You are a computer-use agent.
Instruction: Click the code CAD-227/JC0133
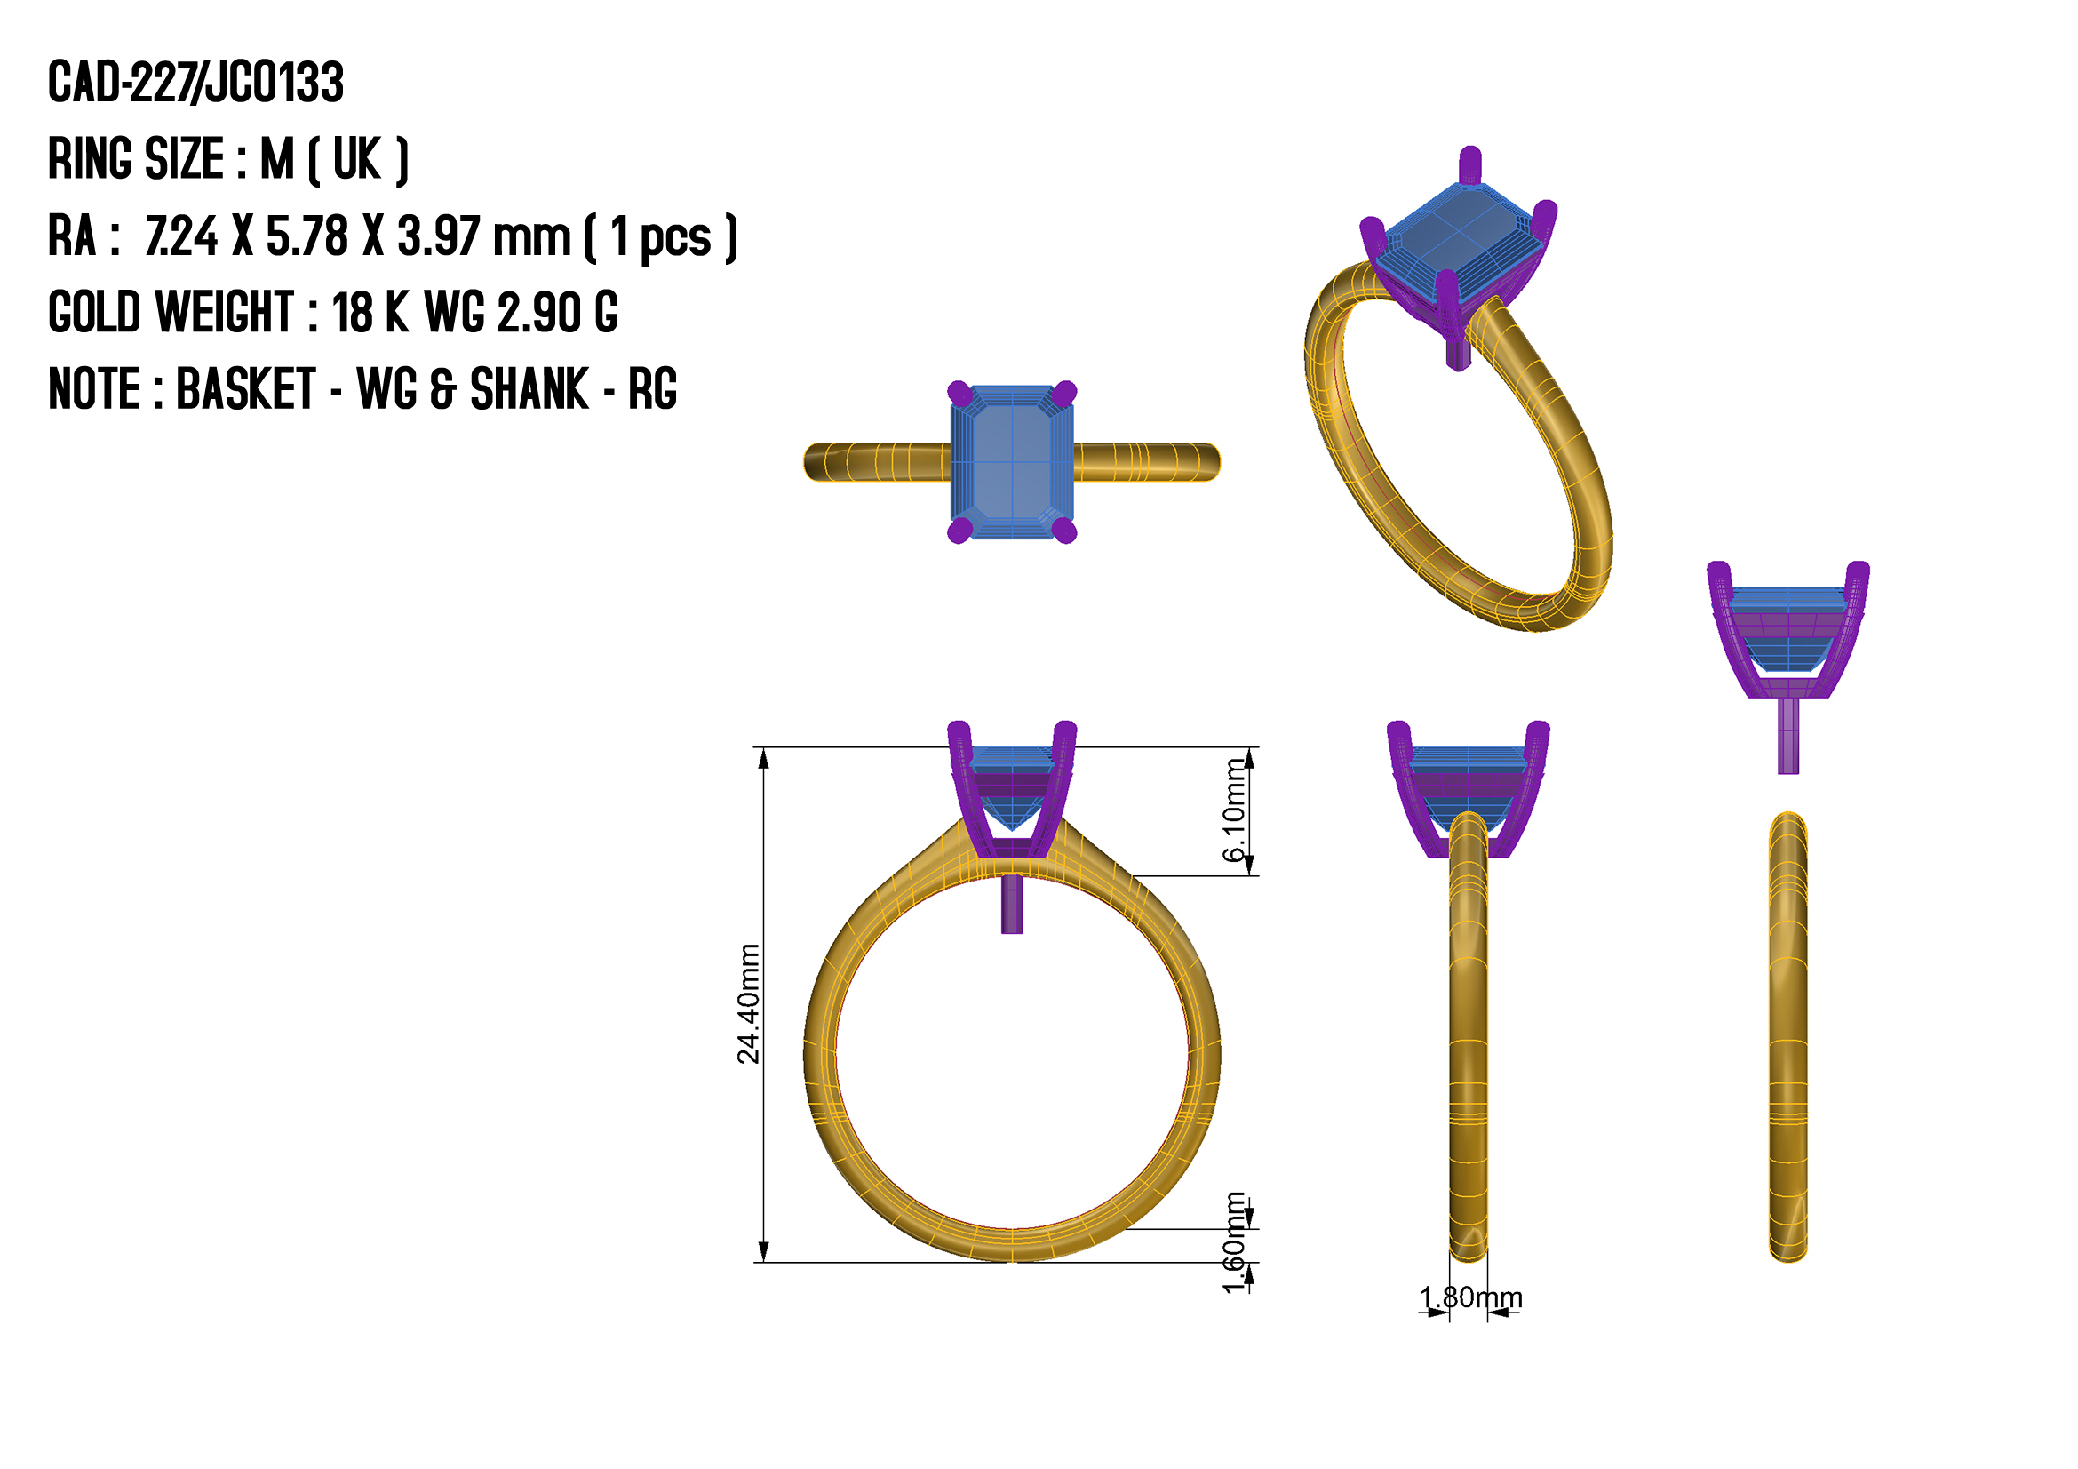tap(195, 83)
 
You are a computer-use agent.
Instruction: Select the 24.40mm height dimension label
tap(748, 1002)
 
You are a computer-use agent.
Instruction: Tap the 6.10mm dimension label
tap(1234, 810)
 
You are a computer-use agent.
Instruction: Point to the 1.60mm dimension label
tap(1234, 1242)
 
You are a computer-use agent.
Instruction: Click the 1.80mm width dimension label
tap(1470, 1298)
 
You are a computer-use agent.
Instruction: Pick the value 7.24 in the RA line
tap(182, 237)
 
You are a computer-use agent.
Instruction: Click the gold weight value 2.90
tap(539, 313)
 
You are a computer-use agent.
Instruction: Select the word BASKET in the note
tap(246, 390)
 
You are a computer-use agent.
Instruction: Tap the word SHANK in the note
tap(529, 390)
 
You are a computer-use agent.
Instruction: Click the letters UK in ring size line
tap(357, 160)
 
